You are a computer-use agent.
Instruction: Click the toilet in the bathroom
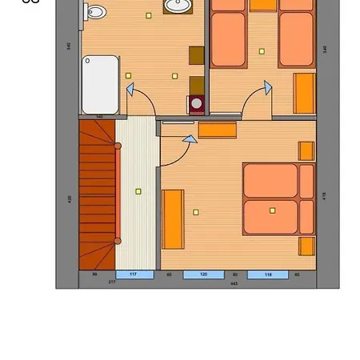pos(95,11)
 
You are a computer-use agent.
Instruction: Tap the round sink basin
pos(177,6)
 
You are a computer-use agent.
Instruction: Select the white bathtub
pos(100,84)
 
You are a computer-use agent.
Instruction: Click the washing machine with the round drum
pos(196,103)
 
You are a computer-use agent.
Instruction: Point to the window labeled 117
pos(134,274)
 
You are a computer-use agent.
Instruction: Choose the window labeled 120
pos(203,274)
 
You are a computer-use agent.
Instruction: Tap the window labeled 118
pos(267,274)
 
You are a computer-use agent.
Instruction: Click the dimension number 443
pos(234,283)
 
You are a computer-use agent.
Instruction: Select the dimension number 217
pos(111,282)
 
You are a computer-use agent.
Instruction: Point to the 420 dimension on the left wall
pos(70,198)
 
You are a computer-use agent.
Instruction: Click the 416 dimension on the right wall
pos(324,195)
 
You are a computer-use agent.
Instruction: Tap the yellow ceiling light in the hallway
pos(138,191)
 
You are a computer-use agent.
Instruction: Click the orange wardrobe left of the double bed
pos(173,219)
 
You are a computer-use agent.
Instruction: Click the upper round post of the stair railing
pos(118,146)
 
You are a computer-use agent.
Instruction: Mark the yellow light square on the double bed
pos(272,210)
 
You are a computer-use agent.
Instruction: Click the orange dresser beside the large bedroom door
pos(218,130)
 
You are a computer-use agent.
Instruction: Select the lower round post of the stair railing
pos(118,240)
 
